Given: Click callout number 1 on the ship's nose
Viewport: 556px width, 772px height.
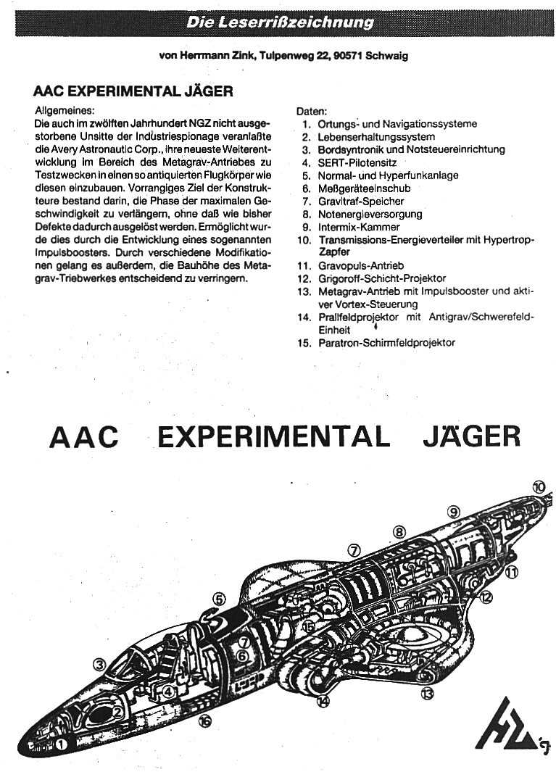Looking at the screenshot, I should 62,743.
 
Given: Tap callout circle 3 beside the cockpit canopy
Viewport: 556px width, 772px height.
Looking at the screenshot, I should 100,663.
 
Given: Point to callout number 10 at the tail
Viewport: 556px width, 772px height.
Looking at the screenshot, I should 538,487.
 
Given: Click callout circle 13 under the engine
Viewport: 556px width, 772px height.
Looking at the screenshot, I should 428,694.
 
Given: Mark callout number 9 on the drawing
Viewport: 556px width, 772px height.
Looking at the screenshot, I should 454,512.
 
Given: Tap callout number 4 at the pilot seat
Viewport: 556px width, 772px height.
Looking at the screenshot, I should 168,691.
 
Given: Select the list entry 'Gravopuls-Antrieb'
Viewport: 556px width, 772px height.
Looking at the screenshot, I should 361,265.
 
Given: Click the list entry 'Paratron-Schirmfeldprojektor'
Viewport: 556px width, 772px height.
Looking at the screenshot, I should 386,342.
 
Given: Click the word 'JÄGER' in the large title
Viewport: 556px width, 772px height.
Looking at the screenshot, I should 471,437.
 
